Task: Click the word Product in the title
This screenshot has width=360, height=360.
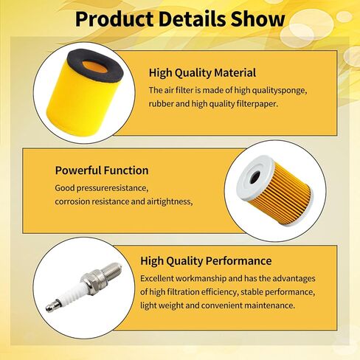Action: [x=114, y=19]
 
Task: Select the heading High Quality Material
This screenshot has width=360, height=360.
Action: [x=202, y=73]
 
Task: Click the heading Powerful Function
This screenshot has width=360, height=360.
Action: [x=102, y=170]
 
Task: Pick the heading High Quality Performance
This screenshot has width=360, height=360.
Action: [x=206, y=261]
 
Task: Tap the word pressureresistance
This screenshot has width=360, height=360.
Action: [x=113, y=188]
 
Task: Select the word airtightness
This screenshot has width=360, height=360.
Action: [x=170, y=201]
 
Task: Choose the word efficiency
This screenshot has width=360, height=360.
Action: [x=219, y=292]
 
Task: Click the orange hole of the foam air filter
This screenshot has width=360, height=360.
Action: [x=94, y=67]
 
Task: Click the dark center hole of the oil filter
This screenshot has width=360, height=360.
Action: [x=255, y=177]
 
